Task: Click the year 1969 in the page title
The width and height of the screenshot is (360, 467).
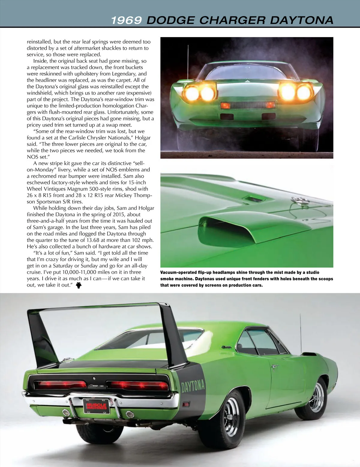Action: coord(126,20)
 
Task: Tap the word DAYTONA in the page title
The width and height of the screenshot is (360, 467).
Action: coord(301,20)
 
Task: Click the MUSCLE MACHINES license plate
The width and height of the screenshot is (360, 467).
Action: coord(96,406)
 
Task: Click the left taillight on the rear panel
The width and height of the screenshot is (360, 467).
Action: coord(62,385)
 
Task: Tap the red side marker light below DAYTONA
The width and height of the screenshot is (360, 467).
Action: coord(186,405)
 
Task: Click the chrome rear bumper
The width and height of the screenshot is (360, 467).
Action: coord(99,397)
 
